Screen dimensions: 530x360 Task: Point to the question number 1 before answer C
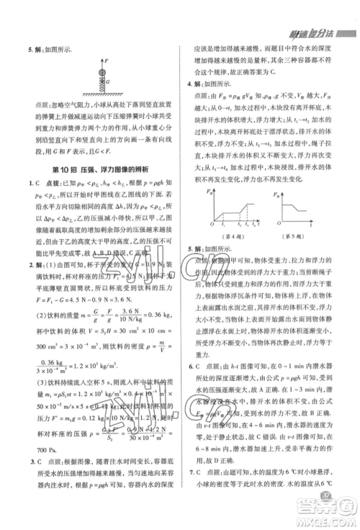(28, 183)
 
